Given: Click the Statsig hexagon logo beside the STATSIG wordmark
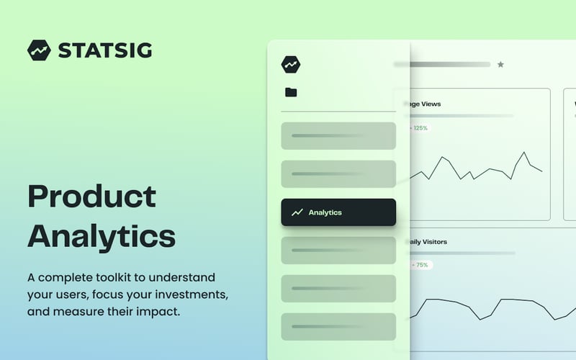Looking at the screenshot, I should [39, 50].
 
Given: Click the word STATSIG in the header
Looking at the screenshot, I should [105, 50].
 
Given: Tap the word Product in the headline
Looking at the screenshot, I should [91, 197].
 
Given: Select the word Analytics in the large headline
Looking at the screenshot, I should [102, 236].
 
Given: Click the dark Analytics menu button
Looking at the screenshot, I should [338, 212].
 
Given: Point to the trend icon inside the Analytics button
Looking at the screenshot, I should [297, 212].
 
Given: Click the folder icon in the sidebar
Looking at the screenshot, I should [291, 92].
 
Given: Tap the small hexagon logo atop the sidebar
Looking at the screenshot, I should [291, 64].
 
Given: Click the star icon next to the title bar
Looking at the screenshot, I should [500, 65].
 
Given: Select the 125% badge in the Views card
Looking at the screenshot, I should [419, 128].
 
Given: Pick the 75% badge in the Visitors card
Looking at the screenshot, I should [420, 265].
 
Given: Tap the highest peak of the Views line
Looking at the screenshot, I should [523, 153].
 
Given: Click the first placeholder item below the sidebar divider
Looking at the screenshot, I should [338, 135].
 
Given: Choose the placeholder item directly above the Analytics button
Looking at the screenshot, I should [338, 174].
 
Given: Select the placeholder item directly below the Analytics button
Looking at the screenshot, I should [338, 250].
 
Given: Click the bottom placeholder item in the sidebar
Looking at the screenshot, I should [338, 326].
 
